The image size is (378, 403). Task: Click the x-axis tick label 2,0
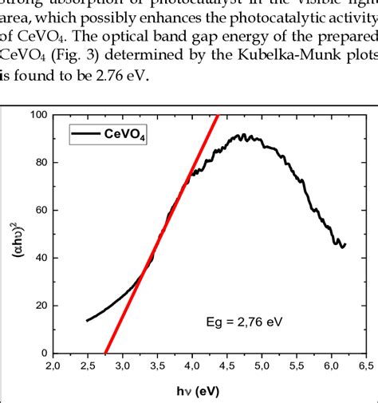52,365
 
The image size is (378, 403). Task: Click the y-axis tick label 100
36,115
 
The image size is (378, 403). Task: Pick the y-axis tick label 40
38,258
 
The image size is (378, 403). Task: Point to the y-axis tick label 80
38,163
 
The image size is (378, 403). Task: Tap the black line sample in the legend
85,135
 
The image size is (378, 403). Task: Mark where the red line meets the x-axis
105,354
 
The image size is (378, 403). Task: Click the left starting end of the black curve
87,321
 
